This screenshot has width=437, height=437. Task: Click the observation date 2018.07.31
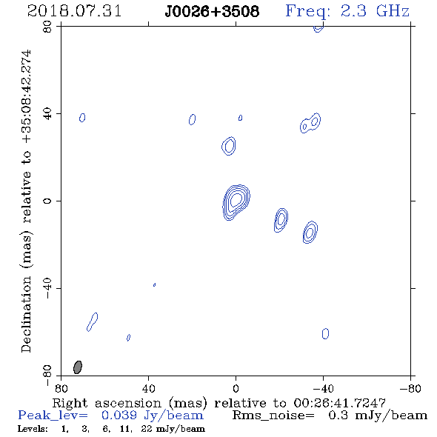coord(74,11)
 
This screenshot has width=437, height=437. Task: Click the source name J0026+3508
coord(212,11)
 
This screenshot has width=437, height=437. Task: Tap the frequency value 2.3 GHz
coord(375,11)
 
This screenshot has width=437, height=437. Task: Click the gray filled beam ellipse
coord(78,367)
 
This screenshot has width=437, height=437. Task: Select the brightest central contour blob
coord(236,202)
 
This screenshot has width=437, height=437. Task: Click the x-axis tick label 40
coord(148,389)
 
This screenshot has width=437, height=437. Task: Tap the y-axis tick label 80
coord(47,27)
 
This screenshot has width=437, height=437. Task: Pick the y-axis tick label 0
coord(47,201)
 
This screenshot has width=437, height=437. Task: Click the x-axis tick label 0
coord(236,389)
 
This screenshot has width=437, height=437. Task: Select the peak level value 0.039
coord(119,416)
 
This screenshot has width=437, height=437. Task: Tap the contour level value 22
coord(147,429)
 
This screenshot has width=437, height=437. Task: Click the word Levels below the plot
coord(33,429)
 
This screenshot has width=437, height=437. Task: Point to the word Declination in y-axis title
coord(26,314)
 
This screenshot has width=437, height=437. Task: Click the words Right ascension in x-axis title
coord(107,403)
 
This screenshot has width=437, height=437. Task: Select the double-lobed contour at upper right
coord(310,123)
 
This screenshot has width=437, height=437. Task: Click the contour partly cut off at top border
coord(318,29)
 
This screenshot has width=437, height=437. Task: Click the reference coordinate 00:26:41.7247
coord(339,403)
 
